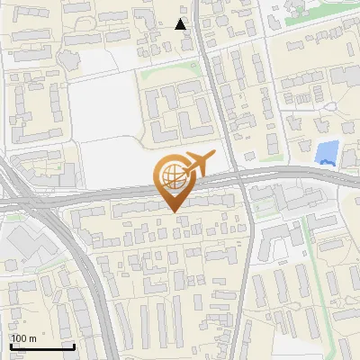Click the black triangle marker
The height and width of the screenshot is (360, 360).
(x=181, y=24)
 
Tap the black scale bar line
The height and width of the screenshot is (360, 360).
(x=41, y=346)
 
